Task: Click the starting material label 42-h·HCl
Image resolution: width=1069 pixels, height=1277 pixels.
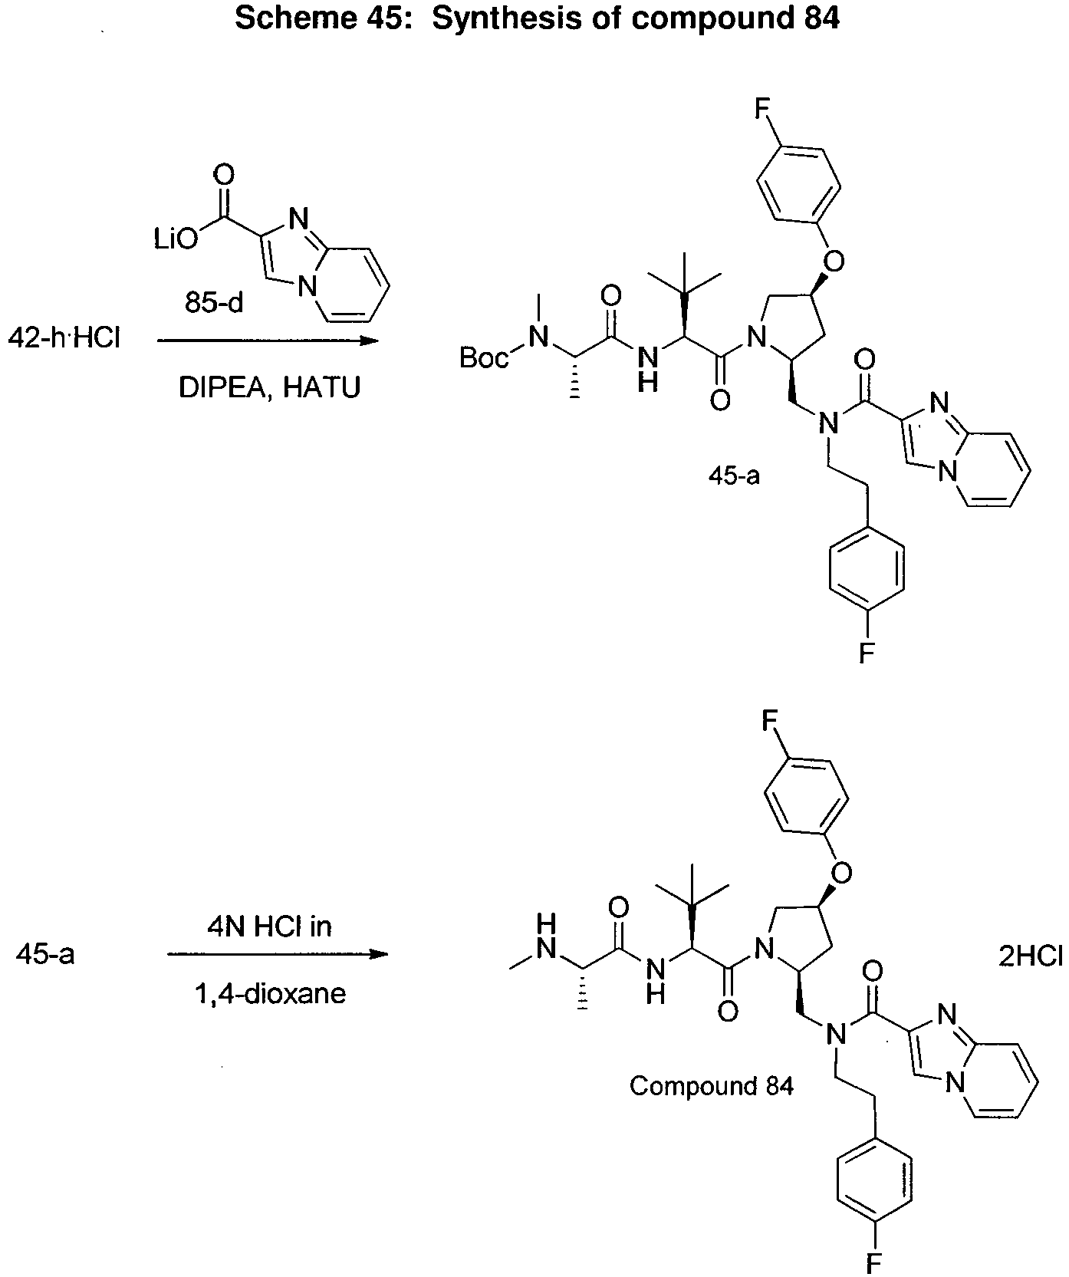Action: coord(64,337)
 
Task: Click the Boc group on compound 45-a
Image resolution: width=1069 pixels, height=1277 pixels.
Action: coord(485,357)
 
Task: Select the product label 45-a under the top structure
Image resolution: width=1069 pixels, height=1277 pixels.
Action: coord(734,476)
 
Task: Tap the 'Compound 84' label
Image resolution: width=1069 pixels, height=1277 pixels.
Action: coord(711,1086)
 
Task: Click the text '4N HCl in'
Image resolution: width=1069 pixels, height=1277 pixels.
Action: coord(268,926)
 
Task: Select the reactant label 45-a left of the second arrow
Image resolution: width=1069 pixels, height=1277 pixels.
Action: coord(44,956)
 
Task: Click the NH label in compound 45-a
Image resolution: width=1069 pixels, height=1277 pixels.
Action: coord(648,367)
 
